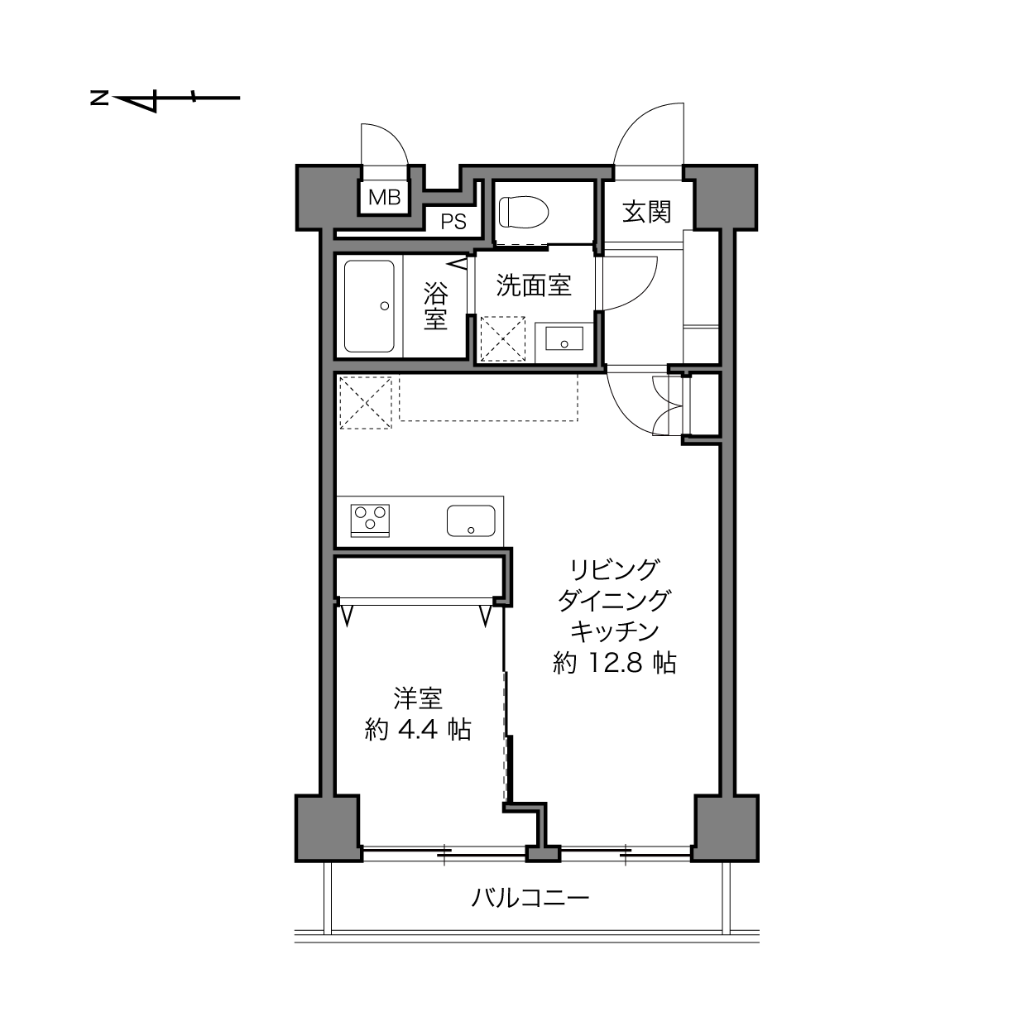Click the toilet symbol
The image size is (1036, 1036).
pos(524,213)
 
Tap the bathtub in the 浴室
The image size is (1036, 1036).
pos(369,306)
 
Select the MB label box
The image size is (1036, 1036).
pos(384,197)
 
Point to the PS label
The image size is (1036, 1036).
pos(453,222)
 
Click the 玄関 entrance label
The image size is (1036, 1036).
pos(646,213)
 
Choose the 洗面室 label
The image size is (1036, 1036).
pos(534,285)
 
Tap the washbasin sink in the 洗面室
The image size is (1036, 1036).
pos(564,338)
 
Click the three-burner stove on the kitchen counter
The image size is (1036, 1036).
pos(370,520)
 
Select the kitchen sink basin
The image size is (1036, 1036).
pos(471,521)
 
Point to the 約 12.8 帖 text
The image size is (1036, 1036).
pos(615,664)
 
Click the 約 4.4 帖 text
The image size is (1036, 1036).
pos(418,730)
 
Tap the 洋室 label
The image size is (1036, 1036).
pos(418,699)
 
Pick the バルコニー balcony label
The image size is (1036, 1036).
pos(530,898)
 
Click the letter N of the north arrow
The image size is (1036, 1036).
pos(99,98)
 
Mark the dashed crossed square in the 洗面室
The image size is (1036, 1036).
pos(502,338)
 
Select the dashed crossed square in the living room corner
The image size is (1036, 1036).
pos(366,403)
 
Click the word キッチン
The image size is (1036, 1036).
pos(615,631)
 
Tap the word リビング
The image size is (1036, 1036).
pos(615,569)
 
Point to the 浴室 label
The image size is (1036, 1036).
pos(435,306)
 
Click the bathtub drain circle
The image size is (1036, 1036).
pos(385,306)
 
